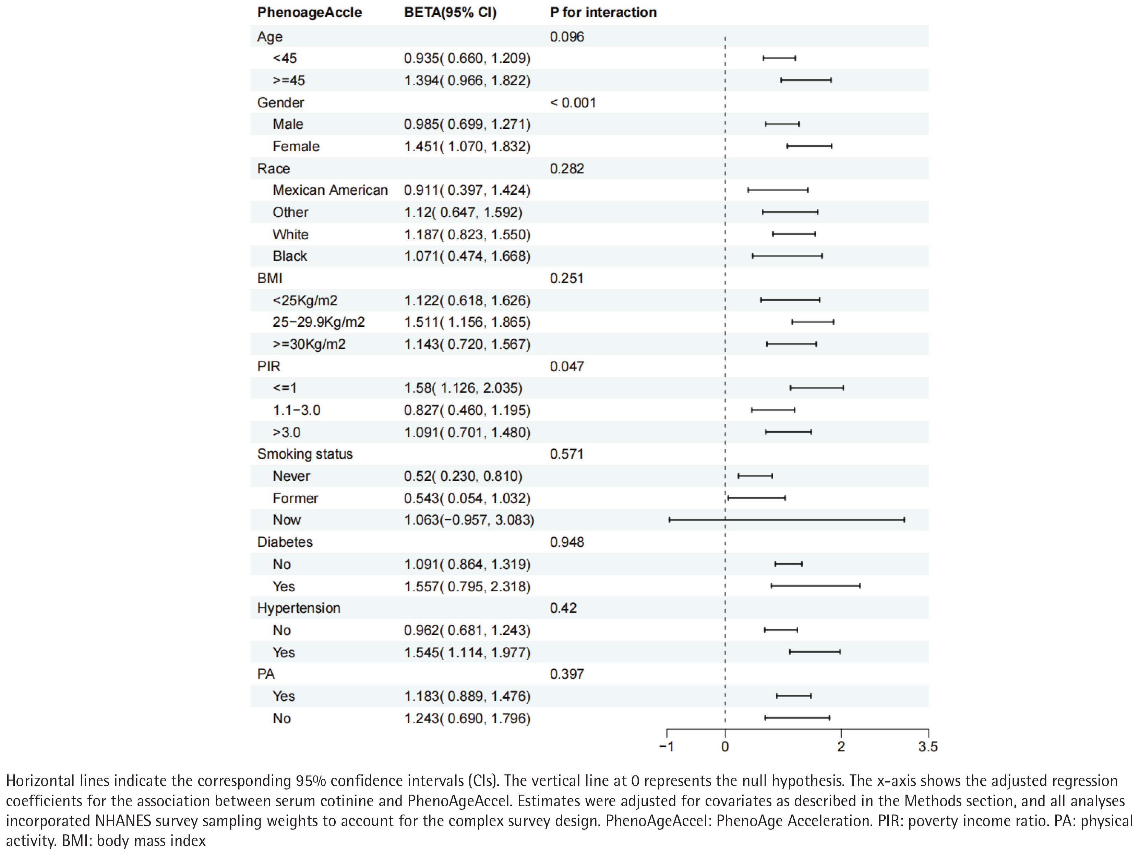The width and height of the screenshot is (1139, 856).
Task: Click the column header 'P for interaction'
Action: pyautogui.click(x=603, y=12)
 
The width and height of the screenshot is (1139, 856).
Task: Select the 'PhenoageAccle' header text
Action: pyautogui.click(x=310, y=12)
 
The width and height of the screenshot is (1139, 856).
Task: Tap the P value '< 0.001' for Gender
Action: pyautogui.click(x=573, y=103)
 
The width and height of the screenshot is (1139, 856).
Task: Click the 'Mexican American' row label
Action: pyautogui.click(x=330, y=190)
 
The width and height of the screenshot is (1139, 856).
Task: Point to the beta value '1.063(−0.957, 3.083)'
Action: pyautogui.click(x=469, y=520)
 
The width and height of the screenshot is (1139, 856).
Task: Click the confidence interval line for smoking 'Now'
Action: pyautogui.click(x=786, y=520)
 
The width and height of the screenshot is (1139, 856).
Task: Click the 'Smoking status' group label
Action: pyautogui.click(x=305, y=454)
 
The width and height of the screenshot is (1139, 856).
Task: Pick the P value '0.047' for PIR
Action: pyautogui.click(x=566, y=366)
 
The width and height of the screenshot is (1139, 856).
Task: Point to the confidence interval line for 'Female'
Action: pyautogui.click(x=809, y=146)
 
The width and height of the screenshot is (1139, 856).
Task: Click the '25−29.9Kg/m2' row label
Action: pyautogui.click(x=319, y=322)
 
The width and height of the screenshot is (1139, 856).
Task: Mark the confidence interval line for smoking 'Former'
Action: pyautogui.click(x=756, y=498)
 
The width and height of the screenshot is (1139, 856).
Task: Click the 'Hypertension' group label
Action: pyautogui.click(x=299, y=608)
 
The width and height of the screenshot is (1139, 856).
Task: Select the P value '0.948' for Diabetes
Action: pyautogui.click(x=566, y=542)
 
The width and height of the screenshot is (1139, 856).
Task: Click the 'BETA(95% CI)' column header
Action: pyautogui.click(x=450, y=12)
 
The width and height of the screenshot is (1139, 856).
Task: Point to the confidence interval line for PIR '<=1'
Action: pyautogui.click(x=817, y=388)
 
